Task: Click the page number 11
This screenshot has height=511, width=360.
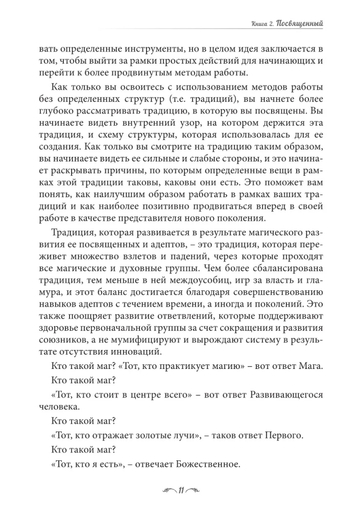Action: [x=180, y=492]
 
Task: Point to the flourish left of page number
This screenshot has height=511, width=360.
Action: [x=166, y=492]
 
